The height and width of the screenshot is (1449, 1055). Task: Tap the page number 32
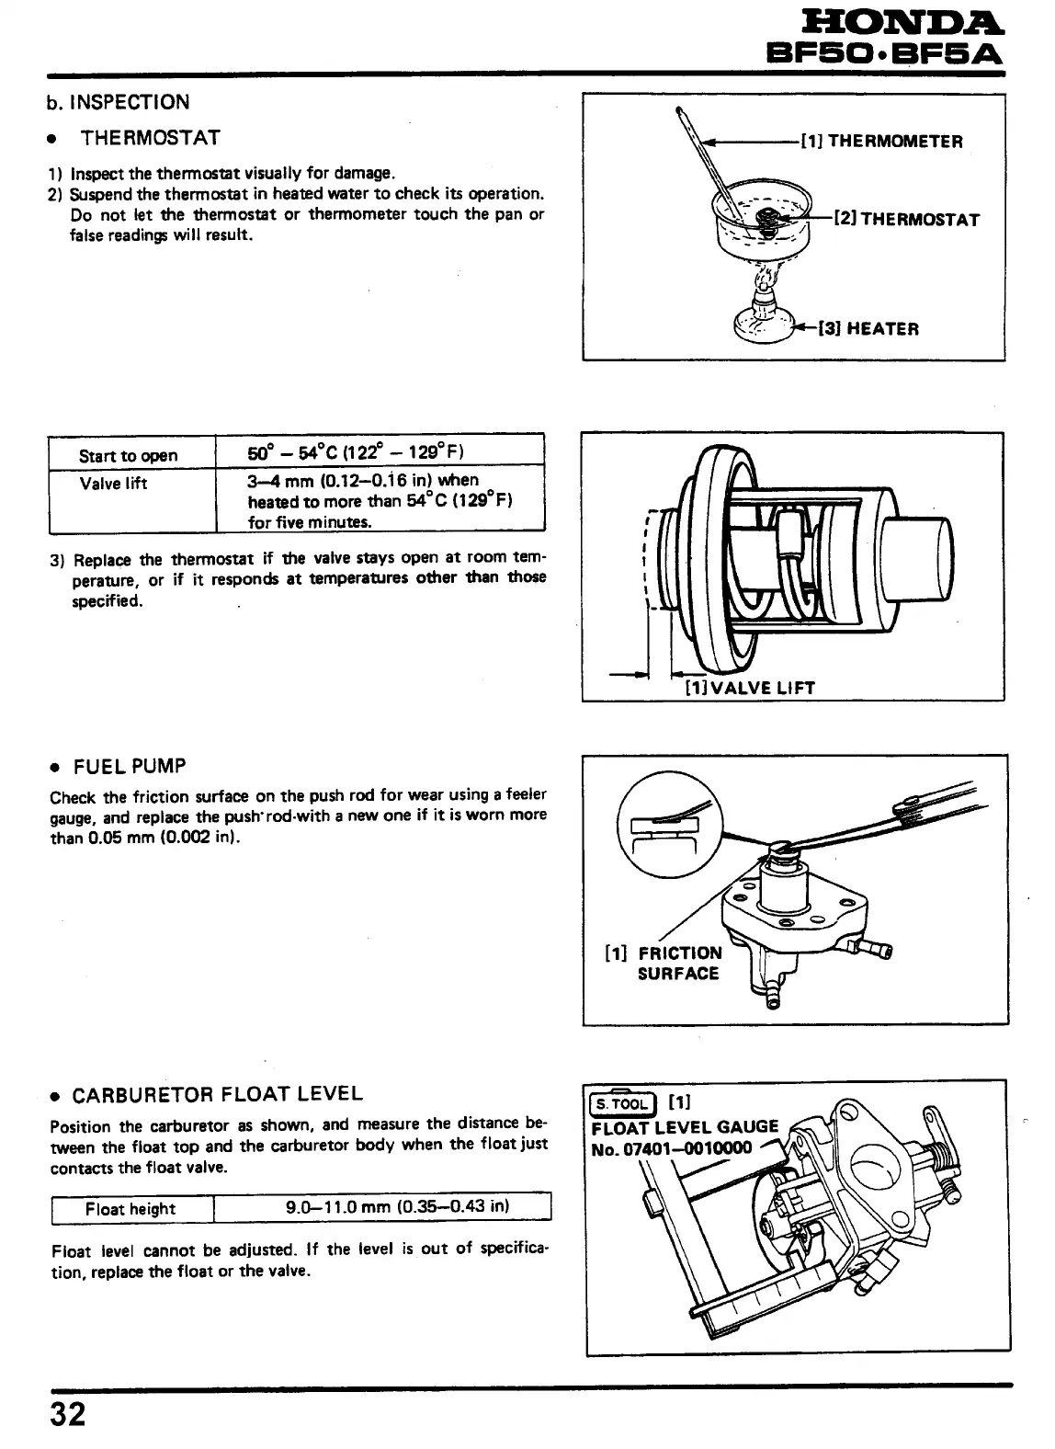(67, 1412)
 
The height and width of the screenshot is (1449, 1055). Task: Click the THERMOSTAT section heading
(151, 138)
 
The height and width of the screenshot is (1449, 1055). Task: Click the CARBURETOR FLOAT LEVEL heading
(217, 1094)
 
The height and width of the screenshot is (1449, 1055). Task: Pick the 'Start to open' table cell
(129, 455)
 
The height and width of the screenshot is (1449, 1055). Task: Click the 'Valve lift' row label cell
(113, 484)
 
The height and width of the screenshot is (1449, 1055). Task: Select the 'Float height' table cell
(130, 1208)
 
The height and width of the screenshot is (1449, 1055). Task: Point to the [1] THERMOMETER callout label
(881, 142)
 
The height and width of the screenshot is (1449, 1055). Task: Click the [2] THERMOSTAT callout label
(906, 220)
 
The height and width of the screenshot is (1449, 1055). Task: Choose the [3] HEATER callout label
(868, 328)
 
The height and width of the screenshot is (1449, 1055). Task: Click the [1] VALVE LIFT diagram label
(750, 688)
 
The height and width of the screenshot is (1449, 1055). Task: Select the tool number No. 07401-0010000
(672, 1147)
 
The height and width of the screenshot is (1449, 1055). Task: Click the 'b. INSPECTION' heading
(119, 102)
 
